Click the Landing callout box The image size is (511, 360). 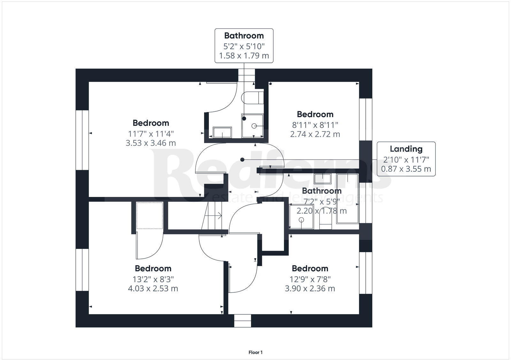click(x=406, y=159)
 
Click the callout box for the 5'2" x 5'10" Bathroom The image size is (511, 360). click(x=244, y=45)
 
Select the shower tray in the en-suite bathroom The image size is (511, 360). click(x=253, y=126)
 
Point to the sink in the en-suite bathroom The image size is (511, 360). click(x=222, y=132)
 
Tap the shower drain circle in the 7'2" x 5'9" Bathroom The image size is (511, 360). click(x=301, y=220)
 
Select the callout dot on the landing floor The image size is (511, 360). click(x=242, y=160)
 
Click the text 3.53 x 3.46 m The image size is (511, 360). click(x=150, y=143)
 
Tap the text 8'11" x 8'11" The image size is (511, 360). click(x=315, y=125)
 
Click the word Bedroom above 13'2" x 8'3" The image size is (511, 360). click(x=153, y=268)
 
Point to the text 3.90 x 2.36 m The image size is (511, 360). click(x=310, y=289)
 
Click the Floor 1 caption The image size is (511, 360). click(x=256, y=352)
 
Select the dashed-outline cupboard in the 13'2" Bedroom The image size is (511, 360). click(x=150, y=215)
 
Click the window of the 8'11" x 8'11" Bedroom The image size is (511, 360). click(x=366, y=119)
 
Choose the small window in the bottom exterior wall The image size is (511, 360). click(x=242, y=321)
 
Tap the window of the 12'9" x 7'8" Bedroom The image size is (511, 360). click(x=366, y=273)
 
